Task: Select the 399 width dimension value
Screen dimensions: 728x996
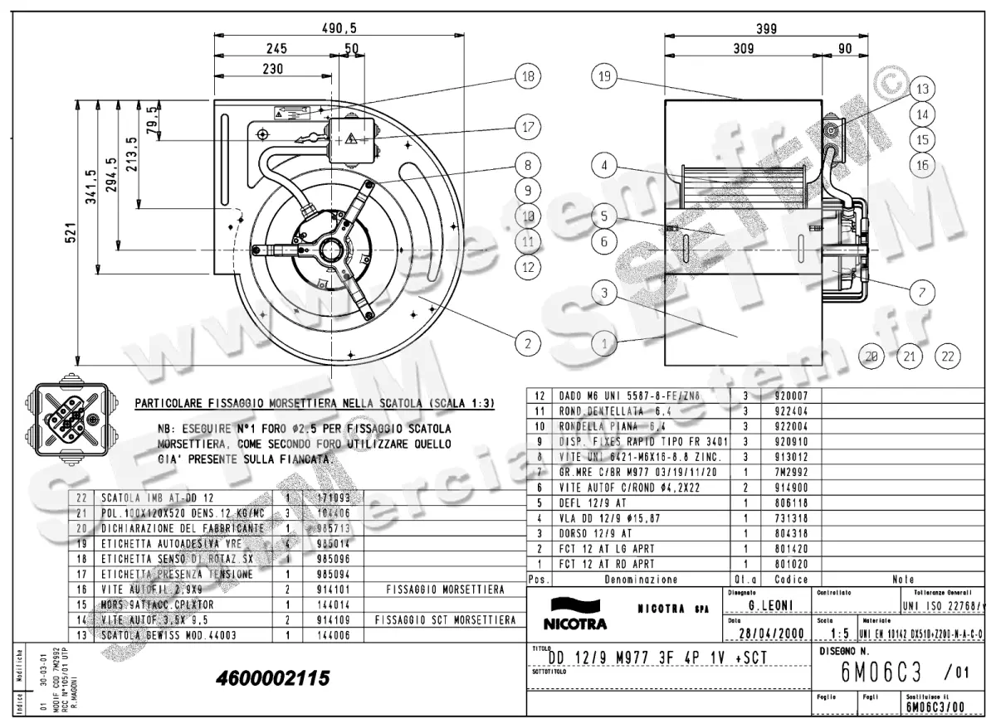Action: tap(766, 28)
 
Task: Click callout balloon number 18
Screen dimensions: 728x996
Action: tap(526, 76)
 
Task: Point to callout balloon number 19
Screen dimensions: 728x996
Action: tap(604, 77)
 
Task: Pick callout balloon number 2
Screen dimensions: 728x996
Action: tap(526, 341)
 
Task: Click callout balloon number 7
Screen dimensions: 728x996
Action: tap(922, 291)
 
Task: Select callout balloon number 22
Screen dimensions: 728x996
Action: tap(947, 357)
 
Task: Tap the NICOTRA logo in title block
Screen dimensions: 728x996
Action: tap(574, 614)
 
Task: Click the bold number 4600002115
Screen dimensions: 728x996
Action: tap(271, 678)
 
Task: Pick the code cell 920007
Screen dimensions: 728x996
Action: tap(784, 396)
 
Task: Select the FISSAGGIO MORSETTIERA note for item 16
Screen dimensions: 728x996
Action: tap(446, 590)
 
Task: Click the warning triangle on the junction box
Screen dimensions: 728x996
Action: tap(350, 138)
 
